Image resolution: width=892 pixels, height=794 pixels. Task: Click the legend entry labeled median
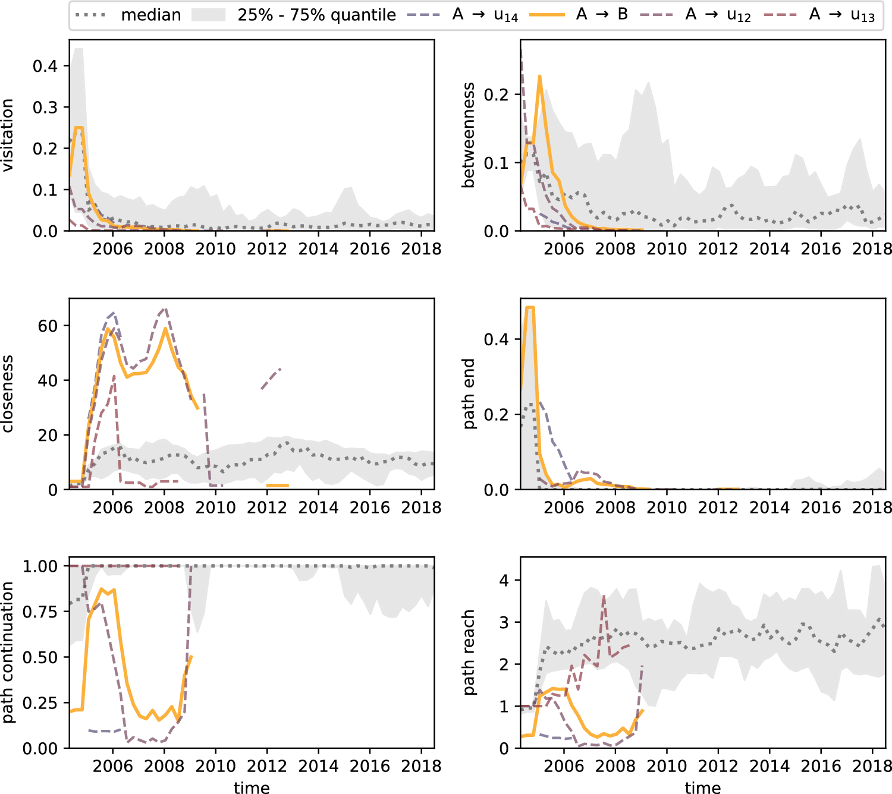tap(128, 15)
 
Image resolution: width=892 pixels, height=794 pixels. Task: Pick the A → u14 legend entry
tap(462, 15)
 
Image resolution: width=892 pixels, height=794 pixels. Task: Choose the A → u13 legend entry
tap(819, 15)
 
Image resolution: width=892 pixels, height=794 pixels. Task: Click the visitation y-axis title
tap(8, 135)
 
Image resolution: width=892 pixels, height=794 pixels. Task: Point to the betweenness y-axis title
tap(468, 135)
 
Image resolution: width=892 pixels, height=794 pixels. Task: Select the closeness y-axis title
tap(8, 394)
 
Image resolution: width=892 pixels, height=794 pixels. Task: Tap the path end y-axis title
tap(469, 394)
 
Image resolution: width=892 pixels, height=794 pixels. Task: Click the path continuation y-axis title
tap(8, 653)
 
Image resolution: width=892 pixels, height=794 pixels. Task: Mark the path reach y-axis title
tap(469, 653)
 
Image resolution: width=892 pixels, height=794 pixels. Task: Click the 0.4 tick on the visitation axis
tap(45, 66)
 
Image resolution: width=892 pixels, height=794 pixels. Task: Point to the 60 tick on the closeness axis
tap(48, 326)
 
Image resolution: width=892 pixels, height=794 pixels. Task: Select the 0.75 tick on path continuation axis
tap(40, 612)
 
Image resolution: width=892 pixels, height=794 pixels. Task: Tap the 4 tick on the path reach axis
tap(504, 581)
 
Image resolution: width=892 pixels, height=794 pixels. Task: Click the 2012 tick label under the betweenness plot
tap(718, 249)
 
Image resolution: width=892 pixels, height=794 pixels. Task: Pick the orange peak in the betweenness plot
tap(539, 77)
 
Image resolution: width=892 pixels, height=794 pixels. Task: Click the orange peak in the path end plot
tap(530, 308)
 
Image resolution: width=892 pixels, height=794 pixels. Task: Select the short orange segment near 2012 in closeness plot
tap(277, 486)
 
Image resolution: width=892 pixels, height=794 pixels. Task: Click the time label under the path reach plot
tap(703, 787)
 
